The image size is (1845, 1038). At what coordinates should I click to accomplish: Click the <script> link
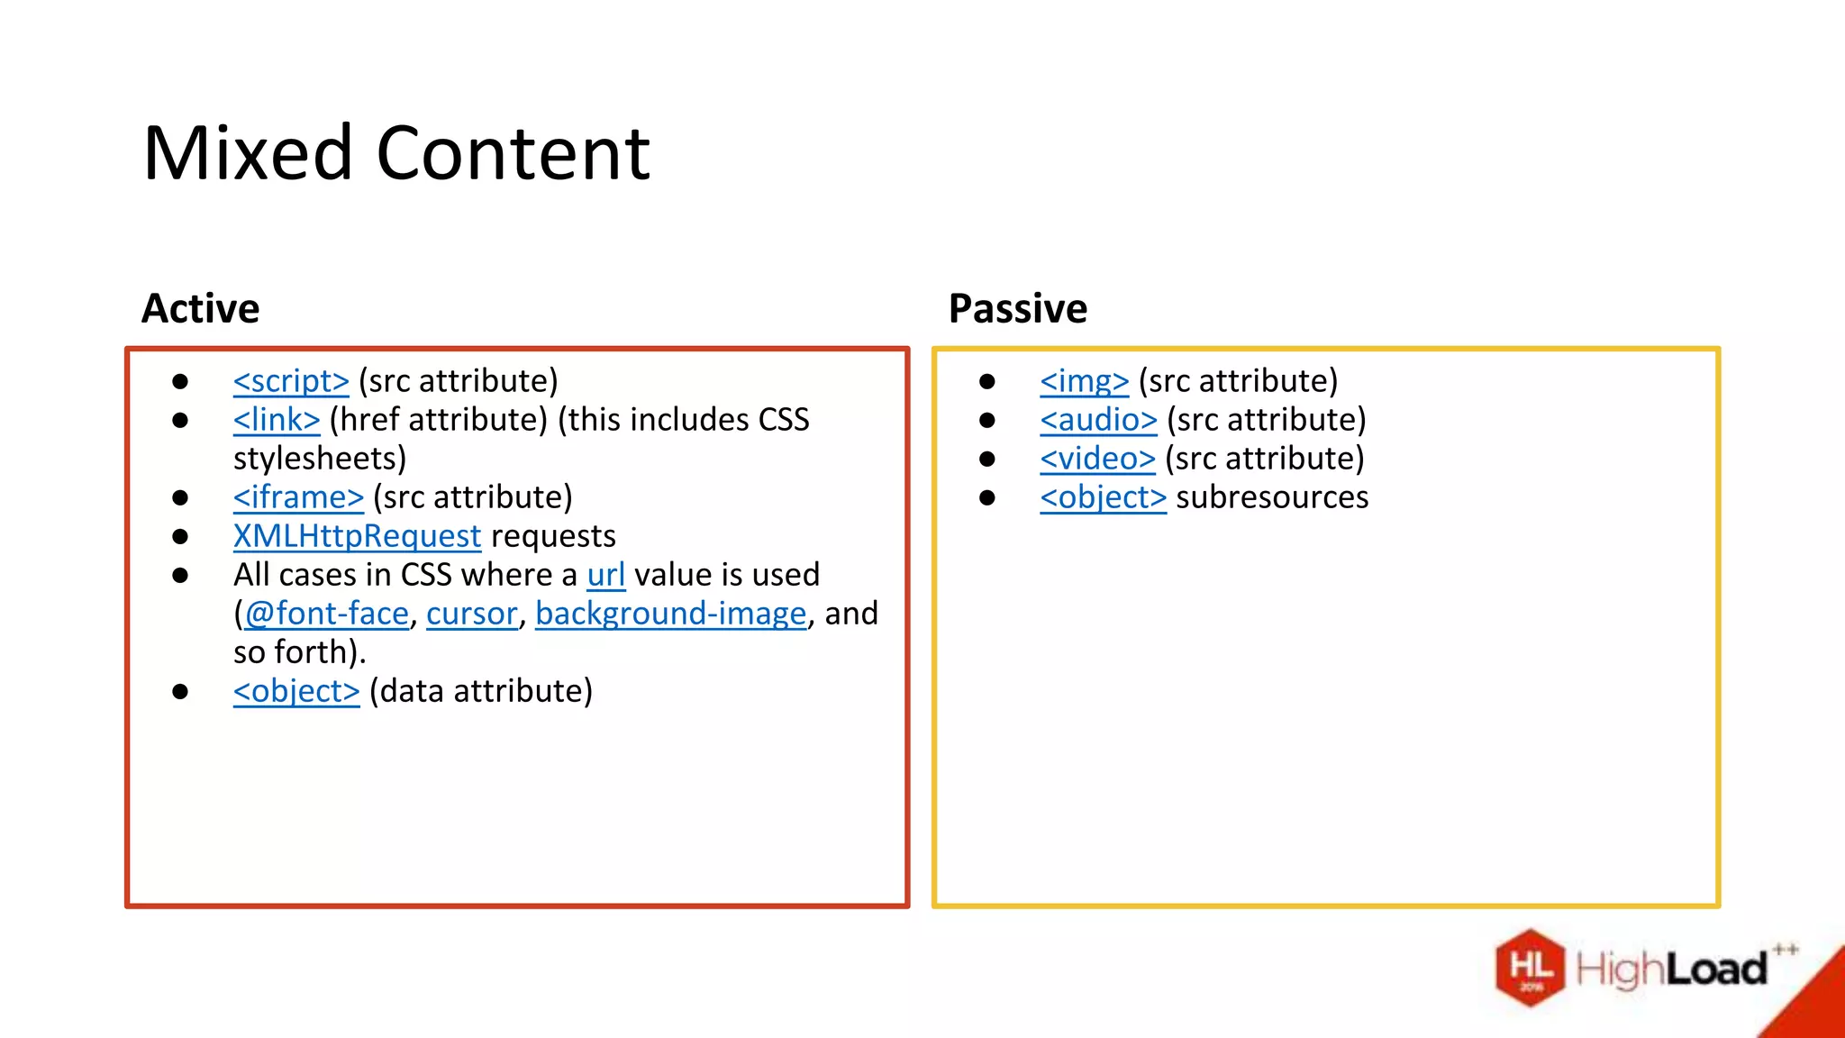pos(290,381)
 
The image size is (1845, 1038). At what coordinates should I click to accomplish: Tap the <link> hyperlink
pos(276,420)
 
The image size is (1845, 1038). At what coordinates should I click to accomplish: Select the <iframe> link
pos(298,497)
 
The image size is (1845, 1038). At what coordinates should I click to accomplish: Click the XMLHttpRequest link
pos(357,536)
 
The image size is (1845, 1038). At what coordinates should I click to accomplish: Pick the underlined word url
pos(605,575)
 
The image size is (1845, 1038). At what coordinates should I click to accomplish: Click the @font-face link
pos(326,614)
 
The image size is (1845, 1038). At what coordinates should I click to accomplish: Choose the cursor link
pos(471,614)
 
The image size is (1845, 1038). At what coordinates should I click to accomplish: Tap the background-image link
pos(670,614)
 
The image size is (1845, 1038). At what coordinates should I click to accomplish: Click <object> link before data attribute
pos(295,691)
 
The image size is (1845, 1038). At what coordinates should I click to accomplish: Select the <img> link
pos(1084,381)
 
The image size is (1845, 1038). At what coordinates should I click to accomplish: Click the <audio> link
pos(1097,420)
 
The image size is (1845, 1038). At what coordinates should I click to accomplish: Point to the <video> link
pos(1096,459)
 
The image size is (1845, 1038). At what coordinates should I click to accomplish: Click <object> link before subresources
pos(1103,497)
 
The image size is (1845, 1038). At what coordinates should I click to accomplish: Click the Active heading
pos(200,309)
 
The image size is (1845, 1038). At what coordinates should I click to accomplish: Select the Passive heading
pos(1018,309)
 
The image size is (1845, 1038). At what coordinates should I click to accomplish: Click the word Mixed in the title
pos(247,153)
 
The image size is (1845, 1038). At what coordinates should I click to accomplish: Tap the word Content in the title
pos(513,153)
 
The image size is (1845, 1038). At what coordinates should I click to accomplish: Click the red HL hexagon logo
pos(1530,968)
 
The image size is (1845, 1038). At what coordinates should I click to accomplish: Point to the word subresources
pos(1271,497)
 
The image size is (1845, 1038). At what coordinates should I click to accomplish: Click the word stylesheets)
pos(320,459)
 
